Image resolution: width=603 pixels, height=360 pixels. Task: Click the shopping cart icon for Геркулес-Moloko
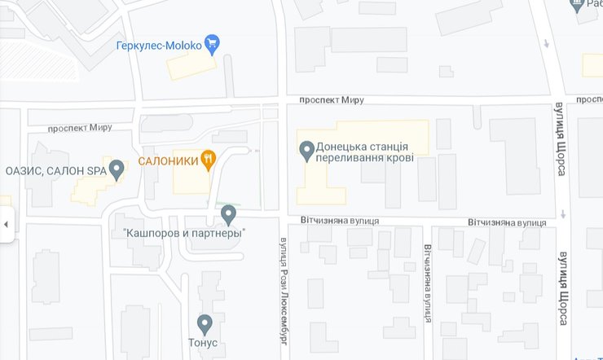coord(213,44)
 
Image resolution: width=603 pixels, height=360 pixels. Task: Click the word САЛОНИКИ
coord(169,160)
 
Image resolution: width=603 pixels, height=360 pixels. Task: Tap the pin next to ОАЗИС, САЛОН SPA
coord(117,169)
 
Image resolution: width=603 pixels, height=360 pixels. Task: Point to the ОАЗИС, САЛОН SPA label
coord(55,171)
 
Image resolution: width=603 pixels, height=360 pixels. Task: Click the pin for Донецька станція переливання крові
coord(307,150)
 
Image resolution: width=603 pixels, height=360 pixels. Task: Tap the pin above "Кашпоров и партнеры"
coord(229,214)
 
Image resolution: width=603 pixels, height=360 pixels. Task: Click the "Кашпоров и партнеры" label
coord(184,233)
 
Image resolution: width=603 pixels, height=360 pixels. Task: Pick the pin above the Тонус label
coord(205,323)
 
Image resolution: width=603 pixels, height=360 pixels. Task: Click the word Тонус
coord(204,343)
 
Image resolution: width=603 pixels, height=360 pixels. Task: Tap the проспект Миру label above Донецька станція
coord(331,99)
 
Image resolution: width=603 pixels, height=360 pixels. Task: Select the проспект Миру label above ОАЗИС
coord(79,128)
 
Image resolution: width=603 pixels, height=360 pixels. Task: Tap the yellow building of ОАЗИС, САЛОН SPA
coord(94,186)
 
